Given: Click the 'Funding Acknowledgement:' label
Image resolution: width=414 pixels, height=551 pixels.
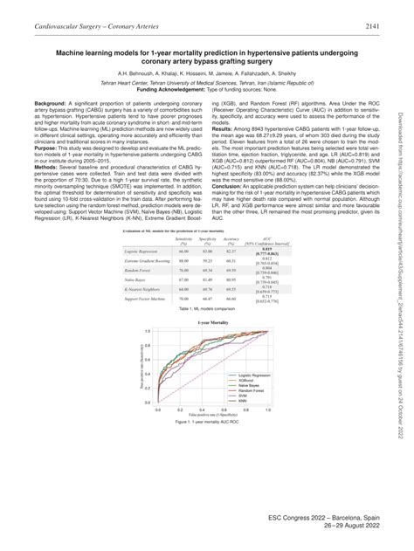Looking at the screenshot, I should coord(165,89).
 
